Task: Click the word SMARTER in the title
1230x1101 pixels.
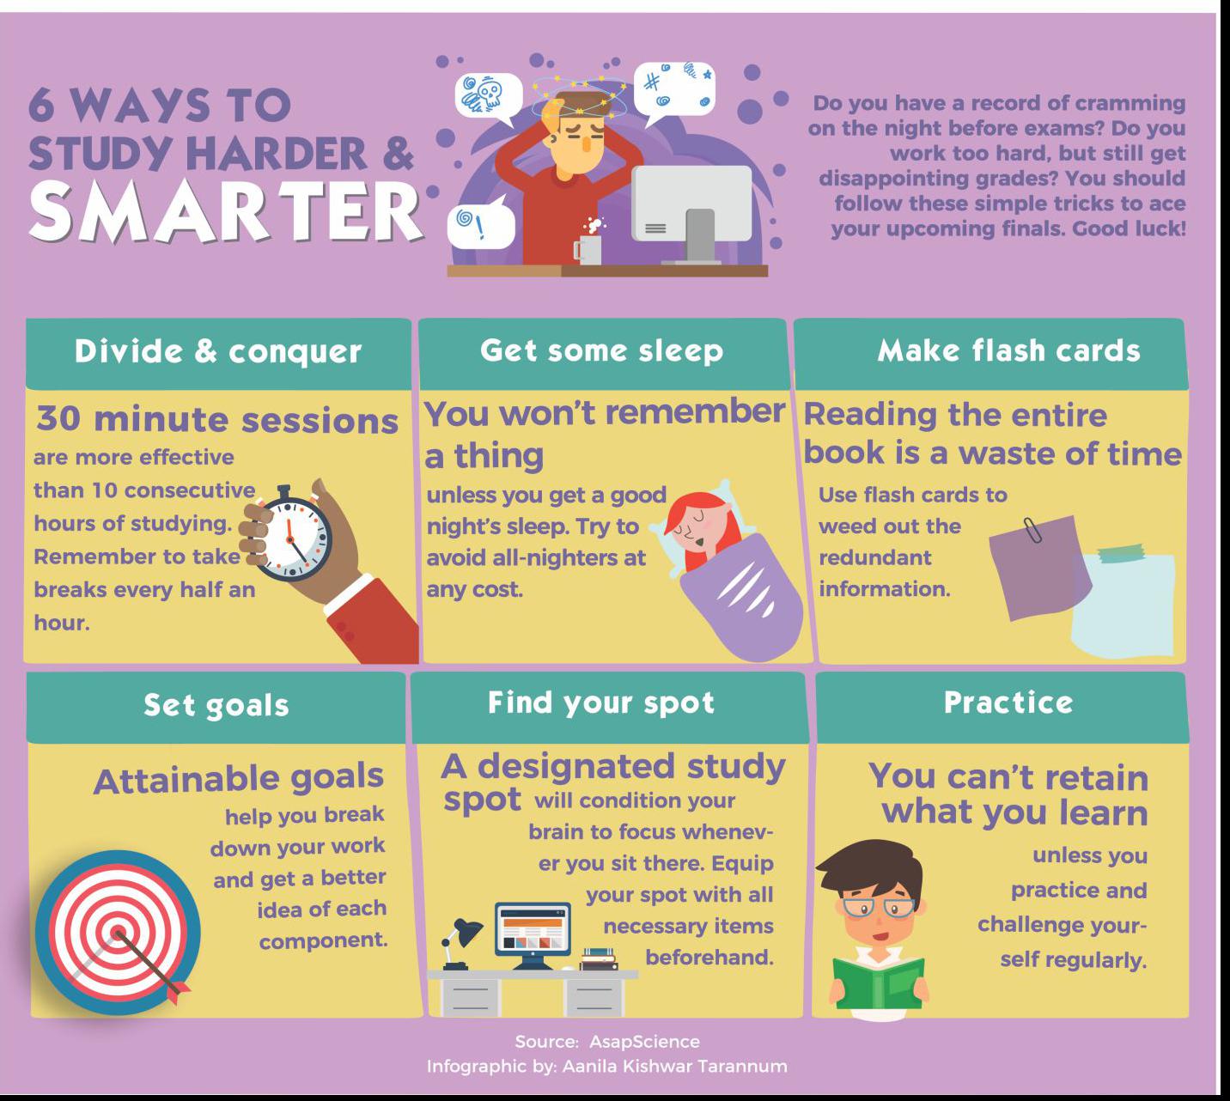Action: click(x=226, y=212)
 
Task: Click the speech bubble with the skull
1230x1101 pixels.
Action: click(x=489, y=97)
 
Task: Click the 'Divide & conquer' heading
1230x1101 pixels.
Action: click(x=218, y=351)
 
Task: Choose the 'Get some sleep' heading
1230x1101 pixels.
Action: click(x=601, y=350)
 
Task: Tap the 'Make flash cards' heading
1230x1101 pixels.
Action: click(x=1008, y=350)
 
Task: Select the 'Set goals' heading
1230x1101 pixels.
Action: click(x=216, y=705)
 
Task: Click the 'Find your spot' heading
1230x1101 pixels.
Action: click(x=601, y=703)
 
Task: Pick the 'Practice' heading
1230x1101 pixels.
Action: click(x=1008, y=703)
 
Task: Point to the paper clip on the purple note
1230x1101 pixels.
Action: click(x=1032, y=530)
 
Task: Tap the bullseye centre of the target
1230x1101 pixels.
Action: click(x=118, y=933)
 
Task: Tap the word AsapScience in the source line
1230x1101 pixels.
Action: click(x=644, y=1042)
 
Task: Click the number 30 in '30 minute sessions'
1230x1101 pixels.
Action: click(x=58, y=418)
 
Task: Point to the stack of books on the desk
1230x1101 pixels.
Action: click(x=599, y=959)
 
